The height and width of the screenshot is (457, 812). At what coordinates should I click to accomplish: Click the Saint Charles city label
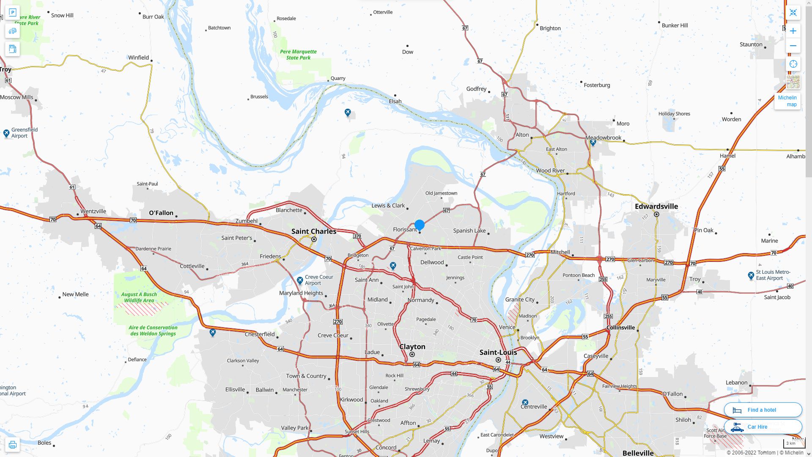click(314, 231)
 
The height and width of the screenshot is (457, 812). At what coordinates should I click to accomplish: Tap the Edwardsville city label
click(656, 206)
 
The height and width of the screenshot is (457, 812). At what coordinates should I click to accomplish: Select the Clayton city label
click(412, 347)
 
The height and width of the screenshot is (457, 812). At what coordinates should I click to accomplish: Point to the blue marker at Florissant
click(419, 225)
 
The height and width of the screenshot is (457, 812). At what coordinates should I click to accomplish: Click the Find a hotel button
click(763, 410)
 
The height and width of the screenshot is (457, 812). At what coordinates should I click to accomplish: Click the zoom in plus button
click(793, 31)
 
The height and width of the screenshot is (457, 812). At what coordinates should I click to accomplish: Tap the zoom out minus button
click(793, 46)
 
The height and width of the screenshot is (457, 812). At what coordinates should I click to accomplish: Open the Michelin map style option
click(787, 101)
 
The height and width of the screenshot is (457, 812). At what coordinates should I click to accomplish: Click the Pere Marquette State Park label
click(298, 55)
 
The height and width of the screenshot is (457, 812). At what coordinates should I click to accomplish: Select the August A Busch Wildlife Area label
click(139, 297)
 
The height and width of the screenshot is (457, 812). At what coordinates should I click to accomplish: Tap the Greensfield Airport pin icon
click(6, 133)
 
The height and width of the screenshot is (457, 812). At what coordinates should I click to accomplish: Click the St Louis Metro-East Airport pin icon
click(751, 276)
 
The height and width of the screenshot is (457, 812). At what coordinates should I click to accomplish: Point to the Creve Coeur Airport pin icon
click(300, 281)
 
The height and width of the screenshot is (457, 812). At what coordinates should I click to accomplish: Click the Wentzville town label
click(93, 212)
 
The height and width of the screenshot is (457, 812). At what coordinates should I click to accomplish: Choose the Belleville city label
click(638, 453)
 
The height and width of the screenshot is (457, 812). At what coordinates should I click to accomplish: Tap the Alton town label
click(522, 135)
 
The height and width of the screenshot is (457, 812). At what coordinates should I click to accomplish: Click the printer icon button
click(12, 445)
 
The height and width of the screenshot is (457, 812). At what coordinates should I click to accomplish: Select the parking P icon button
click(12, 12)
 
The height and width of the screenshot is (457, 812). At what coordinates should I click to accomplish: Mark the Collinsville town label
click(620, 328)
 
